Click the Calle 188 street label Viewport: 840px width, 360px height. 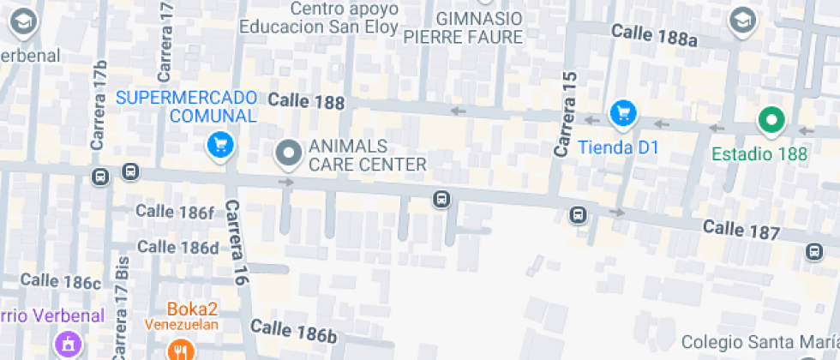coord(306,102)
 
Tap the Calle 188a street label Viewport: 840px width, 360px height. coord(655,35)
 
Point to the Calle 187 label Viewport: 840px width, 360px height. coord(741,231)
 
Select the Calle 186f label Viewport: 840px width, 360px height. coord(175,212)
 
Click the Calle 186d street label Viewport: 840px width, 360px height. coord(178,247)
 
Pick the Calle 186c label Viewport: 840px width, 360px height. coord(61,280)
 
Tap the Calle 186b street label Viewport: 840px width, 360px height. coord(293,331)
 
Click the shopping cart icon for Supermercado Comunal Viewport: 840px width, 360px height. coord(220,146)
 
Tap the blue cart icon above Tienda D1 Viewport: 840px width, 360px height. coord(622,113)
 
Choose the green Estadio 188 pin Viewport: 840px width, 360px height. coord(771,121)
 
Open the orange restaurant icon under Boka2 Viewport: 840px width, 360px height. coord(179,349)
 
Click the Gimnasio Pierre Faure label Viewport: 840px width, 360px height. coord(463,27)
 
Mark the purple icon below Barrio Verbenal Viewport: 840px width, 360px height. coord(65,345)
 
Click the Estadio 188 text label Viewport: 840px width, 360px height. coord(760,154)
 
